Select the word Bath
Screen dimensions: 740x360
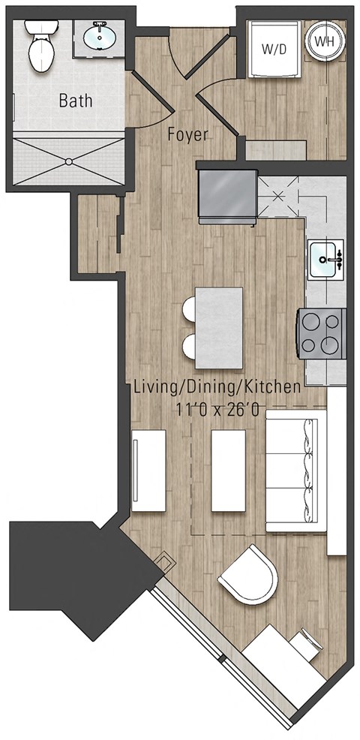click(75, 100)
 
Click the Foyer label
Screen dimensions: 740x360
click(187, 136)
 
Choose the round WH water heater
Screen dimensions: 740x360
click(323, 42)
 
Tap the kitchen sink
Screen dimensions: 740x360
click(325, 260)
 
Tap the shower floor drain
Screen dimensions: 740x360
click(70, 160)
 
